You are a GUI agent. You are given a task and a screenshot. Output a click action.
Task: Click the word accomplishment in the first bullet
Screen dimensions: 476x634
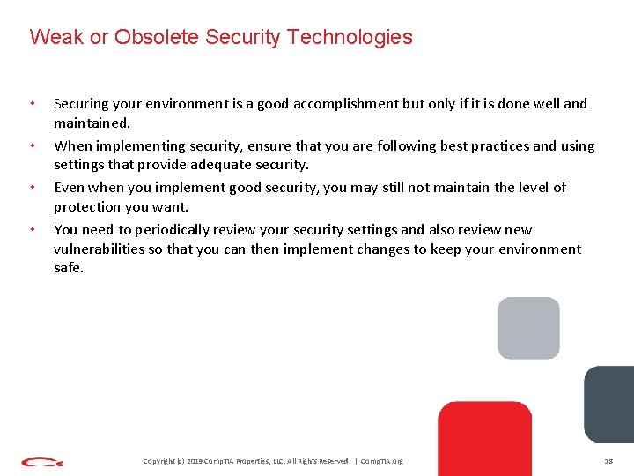pyautogui.click(x=344, y=104)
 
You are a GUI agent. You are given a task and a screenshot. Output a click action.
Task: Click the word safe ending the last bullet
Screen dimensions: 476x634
pyautogui.click(x=68, y=268)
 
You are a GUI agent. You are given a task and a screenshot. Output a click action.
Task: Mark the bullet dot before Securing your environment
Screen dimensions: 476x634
pyautogui.click(x=33, y=104)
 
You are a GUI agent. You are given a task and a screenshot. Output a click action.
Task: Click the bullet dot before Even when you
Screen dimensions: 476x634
pyautogui.click(x=33, y=188)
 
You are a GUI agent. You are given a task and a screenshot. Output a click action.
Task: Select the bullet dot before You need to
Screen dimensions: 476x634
pyautogui.click(x=33, y=230)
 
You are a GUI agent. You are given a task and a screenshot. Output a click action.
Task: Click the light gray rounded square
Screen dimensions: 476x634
pyautogui.click(x=528, y=328)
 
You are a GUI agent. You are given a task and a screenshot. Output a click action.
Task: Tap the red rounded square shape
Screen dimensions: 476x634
pyautogui.click(x=484, y=436)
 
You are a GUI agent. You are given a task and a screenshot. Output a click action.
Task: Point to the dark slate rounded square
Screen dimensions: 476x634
pyautogui.click(x=609, y=403)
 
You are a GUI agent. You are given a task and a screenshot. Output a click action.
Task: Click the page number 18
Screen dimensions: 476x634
pyautogui.click(x=608, y=461)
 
